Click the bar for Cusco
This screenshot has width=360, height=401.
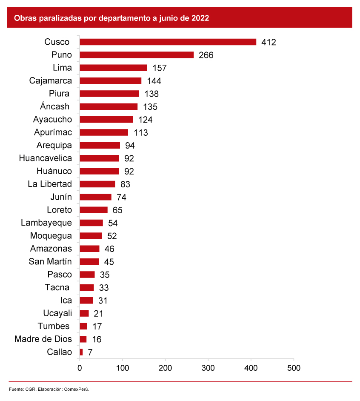point(168,42)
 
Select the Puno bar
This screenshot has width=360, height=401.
point(137,55)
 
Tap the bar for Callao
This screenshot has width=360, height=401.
point(81,352)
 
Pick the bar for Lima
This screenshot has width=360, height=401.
point(113,68)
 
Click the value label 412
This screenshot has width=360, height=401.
point(269,42)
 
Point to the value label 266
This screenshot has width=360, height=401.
point(206,55)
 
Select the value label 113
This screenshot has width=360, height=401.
point(141,133)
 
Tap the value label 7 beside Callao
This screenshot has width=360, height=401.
point(90,352)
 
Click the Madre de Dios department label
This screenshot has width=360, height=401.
point(43,339)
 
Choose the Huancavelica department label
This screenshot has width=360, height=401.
point(46,158)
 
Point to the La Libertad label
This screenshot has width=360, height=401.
point(50,184)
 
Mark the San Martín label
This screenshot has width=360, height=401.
point(50,261)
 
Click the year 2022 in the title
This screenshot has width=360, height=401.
point(200,18)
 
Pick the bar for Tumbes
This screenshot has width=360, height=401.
point(83,326)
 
